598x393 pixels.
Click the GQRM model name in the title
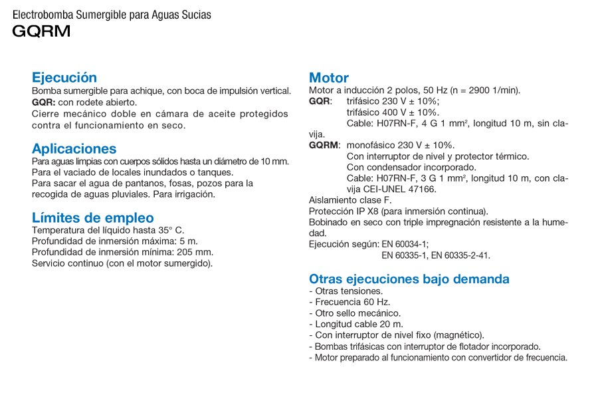pyautogui.click(x=41, y=31)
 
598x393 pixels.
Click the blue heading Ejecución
pyautogui.click(x=64, y=77)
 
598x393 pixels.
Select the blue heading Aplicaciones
pyautogui.click(x=74, y=148)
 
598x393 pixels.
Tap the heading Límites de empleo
pyautogui.click(x=93, y=217)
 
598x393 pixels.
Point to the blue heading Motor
pyautogui.click(x=329, y=77)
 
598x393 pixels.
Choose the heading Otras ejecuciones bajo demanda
pyautogui.click(x=409, y=279)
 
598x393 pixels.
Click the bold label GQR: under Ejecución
pyautogui.click(x=44, y=102)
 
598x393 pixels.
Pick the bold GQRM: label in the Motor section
pyautogui.click(x=325, y=145)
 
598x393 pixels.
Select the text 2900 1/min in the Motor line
pyautogui.click(x=490, y=90)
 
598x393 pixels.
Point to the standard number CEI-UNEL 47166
pyautogui.click(x=402, y=189)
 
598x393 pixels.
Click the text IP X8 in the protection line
pyautogui.click(x=368, y=211)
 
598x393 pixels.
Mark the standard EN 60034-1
pyautogui.click(x=405, y=244)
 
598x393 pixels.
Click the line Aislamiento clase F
pyautogui.click(x=350, y=199)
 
